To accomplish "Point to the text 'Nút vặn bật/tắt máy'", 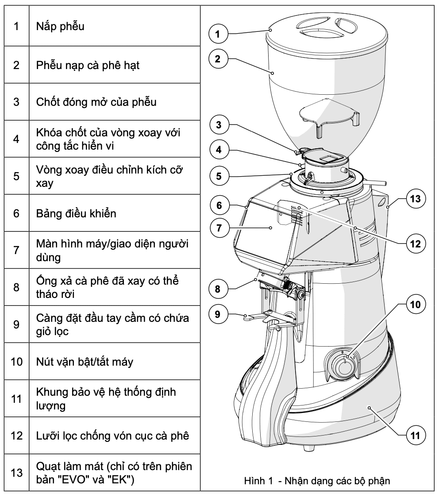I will click(78, 362).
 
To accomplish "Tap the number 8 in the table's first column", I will click(16, 287).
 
